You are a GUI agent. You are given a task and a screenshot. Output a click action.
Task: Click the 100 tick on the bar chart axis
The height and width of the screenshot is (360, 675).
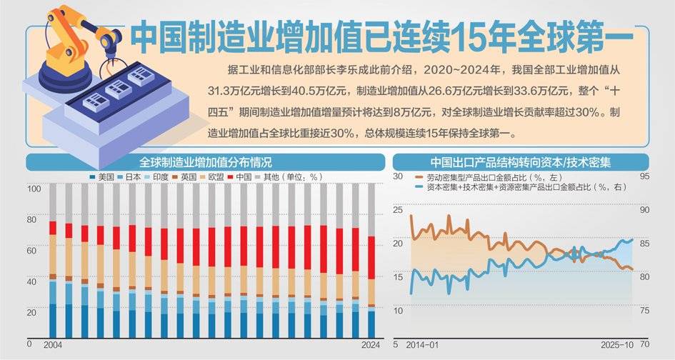click(33, 189)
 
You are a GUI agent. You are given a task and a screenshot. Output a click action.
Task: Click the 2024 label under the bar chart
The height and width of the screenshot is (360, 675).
click(371, 345)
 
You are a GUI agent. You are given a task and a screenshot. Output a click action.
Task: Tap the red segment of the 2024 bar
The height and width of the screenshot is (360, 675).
click(371, 257)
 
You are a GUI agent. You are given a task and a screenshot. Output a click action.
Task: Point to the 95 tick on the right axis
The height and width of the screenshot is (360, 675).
click(644, 176)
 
